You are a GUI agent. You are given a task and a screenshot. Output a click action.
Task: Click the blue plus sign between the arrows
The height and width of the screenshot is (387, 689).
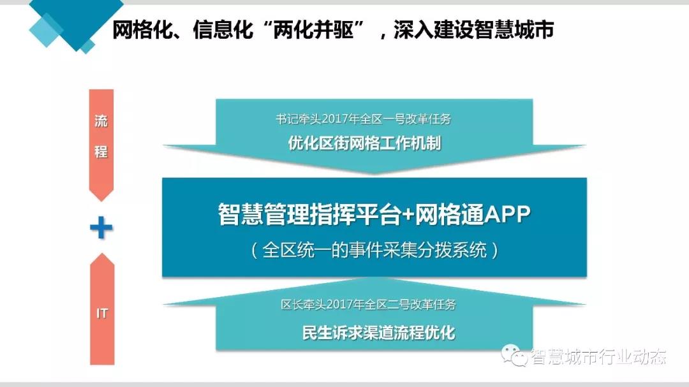(x=101, y=228)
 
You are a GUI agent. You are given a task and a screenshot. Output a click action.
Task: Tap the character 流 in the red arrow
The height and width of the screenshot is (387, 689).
(x=101, y=120)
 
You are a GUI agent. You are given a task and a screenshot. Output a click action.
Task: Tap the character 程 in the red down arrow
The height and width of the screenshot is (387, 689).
(x=101, y=152)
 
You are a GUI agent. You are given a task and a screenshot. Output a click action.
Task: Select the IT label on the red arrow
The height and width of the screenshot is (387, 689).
(x=102, y=313)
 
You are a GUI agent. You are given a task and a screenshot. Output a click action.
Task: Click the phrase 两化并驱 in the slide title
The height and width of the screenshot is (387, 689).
(x=313, y=30)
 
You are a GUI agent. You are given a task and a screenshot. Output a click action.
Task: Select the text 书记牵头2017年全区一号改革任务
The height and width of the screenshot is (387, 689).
(x=364, y=119)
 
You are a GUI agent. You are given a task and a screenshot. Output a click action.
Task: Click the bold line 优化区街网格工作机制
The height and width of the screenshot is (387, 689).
(x=364, y=143)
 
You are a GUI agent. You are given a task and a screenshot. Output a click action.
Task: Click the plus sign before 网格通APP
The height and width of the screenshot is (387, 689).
(x=408, y=215)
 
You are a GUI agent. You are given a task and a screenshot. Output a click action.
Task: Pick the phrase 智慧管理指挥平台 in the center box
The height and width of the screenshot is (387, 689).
(x=310, y=214)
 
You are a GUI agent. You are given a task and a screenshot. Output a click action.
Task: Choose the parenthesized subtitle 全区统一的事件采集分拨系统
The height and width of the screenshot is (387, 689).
(x=374, y=251)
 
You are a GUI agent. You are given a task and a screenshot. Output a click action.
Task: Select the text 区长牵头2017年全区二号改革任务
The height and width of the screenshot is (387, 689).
(x=369, y=304)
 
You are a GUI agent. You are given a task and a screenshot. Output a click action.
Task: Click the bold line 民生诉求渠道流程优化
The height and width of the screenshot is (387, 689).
(x=379, y=333)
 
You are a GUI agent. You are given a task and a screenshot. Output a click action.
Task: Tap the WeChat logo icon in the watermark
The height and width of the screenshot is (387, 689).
(x=514, y=355)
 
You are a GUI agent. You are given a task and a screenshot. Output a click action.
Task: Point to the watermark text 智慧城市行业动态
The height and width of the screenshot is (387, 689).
(x=598, y=356)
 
